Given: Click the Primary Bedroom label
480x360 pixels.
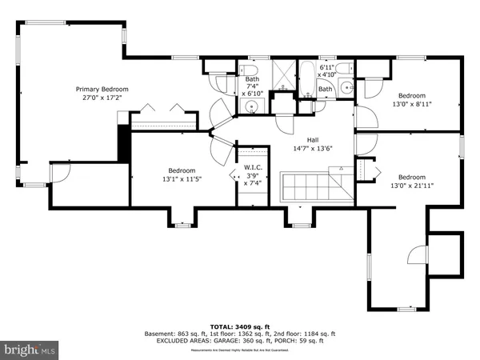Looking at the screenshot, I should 102,90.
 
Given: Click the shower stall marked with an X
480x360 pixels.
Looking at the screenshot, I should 282,74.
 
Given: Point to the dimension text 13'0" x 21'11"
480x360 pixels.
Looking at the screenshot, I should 411,186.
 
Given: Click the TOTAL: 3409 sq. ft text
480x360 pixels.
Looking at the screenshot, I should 239,326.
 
